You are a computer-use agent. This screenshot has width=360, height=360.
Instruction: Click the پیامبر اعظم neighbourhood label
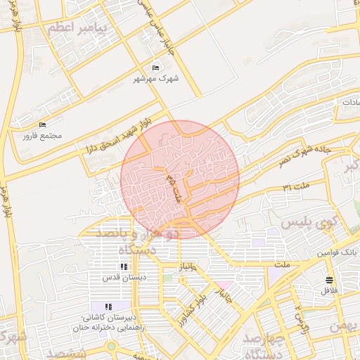[x=77, y=28]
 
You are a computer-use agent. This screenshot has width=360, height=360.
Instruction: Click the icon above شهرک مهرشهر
[x=155, y=67]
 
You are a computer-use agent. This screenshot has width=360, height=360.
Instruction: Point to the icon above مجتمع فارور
[x=42, y=124]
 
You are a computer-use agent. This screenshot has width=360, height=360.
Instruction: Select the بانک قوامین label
[x=337, y=252]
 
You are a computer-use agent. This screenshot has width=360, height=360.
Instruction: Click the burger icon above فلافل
[x=330, y=280]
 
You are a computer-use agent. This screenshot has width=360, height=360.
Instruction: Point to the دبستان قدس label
[x=124, y=278]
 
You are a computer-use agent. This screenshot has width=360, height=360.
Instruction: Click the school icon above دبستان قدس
[x=124, y=267]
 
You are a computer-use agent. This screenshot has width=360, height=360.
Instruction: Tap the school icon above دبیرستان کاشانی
[x=108, y=307]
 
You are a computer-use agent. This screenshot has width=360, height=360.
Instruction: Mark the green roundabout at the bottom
[x=110, y=347]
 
